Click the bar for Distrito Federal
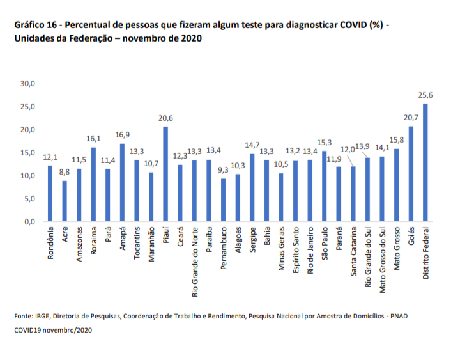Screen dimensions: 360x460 click(425, 163)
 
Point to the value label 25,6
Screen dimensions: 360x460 click(425, 95)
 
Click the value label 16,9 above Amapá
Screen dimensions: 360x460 click(121, 135)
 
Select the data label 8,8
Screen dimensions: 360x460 click(65, 172)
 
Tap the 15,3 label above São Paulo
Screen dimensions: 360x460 click(324, 142)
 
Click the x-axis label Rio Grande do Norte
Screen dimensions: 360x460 click(194, 254)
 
